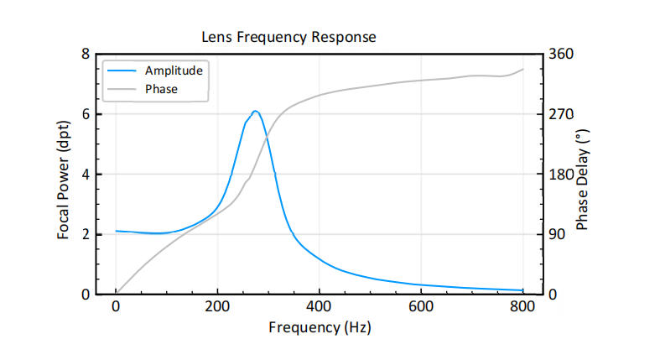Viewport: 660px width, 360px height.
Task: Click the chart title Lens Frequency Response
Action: [x=288, y=37]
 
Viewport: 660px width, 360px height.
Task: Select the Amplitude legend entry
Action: [x=174, y=70]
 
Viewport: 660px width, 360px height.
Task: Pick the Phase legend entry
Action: [x=161, y=88]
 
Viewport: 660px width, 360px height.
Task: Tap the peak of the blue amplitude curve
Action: [x=255, y=111]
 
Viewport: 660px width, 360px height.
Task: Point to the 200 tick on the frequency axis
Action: [x=218, y=306]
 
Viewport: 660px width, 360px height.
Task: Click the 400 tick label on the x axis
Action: [x=320, y=306]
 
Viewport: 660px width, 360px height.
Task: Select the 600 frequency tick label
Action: [x=421, y=306]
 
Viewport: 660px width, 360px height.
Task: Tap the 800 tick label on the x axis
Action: [x=522, y=306]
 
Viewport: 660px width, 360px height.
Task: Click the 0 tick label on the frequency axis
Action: [x=117, y=306]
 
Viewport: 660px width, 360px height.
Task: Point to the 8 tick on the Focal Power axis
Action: [x=85, y=54]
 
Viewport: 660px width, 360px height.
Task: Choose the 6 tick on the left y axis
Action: [x=85, y=114]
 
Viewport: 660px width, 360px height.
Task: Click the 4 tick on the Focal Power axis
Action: [x=85, y=174]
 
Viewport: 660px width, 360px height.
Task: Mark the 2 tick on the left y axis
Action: [x=85, y=234]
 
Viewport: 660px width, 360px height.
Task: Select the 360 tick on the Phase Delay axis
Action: [x=560, y=54]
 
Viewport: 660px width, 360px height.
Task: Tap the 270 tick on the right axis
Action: [x=560, y=114]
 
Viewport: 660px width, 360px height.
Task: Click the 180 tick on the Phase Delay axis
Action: [x=560, y=174]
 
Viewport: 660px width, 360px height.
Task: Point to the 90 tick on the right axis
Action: [x=557, y=234]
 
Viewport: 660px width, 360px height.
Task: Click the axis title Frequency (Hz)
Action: [x=320, y=326]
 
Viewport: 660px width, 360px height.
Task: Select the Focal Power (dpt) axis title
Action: [x=63, y=175]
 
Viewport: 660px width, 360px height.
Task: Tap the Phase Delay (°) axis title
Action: [x=583, y=175]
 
